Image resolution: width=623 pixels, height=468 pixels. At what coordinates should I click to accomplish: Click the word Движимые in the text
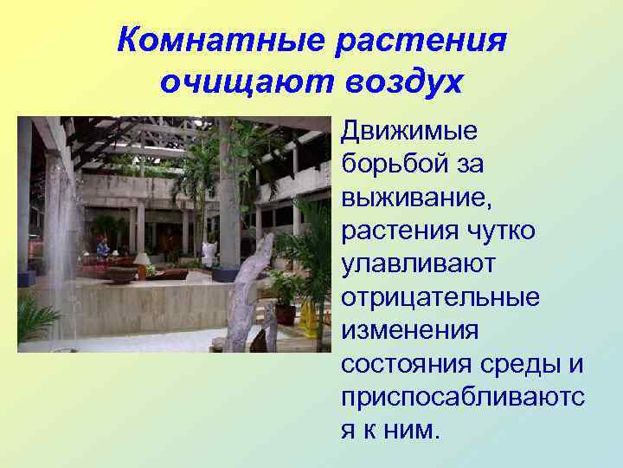click(409, 132)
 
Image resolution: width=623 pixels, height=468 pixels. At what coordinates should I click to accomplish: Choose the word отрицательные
click(440, 296)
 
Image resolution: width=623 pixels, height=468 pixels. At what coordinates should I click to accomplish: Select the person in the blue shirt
click(103, 249)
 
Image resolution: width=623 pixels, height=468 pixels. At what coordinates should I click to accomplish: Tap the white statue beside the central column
click(209, 253)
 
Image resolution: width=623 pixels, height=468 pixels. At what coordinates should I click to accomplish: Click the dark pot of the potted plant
click(285, 314)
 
